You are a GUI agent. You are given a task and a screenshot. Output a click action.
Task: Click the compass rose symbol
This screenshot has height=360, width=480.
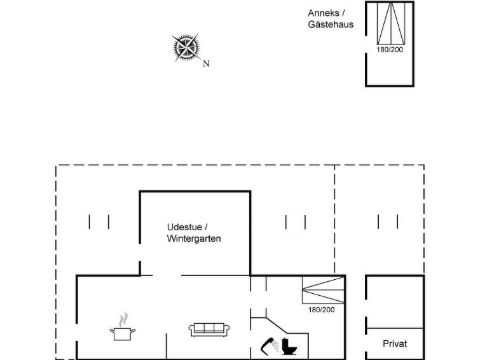[186, 48]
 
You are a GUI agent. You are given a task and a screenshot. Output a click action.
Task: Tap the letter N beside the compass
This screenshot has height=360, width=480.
[206, 64]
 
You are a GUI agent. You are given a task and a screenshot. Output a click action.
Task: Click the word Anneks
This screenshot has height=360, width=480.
[324, 13]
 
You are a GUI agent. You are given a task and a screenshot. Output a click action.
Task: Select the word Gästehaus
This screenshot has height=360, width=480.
[331, 24]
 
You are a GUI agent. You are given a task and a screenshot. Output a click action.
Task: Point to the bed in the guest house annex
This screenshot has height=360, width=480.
[391, 24]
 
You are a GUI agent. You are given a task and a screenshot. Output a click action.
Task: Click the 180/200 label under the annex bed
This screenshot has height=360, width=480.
[390, 50]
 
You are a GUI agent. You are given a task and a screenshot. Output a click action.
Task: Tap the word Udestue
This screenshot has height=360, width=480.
[184, 227]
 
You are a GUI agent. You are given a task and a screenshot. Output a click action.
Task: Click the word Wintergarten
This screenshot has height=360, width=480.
[194, 239]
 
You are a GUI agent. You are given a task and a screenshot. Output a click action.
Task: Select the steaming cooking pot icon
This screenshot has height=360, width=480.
[123, 326]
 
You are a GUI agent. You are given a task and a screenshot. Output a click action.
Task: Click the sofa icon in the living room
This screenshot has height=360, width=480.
[209, 330]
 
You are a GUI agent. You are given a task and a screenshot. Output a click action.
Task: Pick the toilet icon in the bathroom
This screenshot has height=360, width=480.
[289, 346]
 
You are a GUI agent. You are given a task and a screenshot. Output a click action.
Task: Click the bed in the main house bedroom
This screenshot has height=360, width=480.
[323, 290]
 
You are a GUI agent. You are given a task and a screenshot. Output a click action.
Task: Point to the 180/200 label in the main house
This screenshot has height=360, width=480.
[322, 310]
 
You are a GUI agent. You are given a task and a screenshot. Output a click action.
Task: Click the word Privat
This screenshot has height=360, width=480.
[395, 343]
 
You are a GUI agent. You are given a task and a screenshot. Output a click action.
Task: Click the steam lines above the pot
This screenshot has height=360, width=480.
[123, 319]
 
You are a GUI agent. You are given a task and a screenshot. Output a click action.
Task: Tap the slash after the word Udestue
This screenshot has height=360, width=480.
[206, 227]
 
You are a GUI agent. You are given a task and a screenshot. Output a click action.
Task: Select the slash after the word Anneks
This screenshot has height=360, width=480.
[343, 13]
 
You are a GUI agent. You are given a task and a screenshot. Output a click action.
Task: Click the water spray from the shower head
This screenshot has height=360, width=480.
[275, 345]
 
